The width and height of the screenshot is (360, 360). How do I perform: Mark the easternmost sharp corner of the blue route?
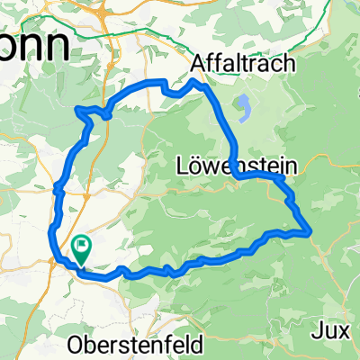coord(311,232)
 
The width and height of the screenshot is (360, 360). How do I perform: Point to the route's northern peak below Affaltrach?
coord(196,80)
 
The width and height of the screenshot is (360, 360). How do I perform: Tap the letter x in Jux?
coord(346,329)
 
